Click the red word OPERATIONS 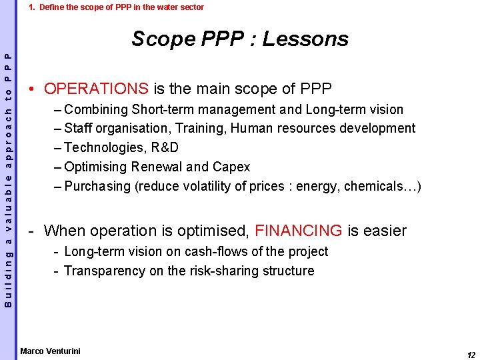(x=96, y=89)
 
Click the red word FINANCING (x=299, y=231)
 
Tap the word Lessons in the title (x=305, y=39)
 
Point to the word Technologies (x=103, y=147)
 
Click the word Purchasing (x=98, y=186)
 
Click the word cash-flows (x=191, y=251)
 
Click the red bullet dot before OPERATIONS (x=31, y=89)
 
